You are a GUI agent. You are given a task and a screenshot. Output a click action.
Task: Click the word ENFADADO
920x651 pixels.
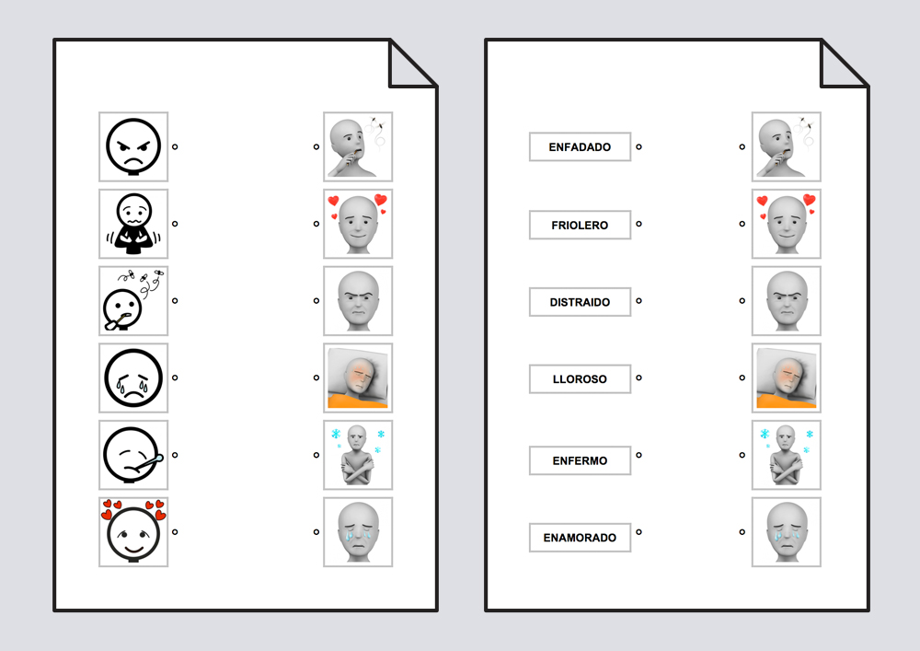tap(580, 147)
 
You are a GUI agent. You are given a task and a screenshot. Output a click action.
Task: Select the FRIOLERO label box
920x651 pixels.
tap(580, 225)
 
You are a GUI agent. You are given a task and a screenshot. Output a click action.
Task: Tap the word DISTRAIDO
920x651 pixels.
tap(580, 302)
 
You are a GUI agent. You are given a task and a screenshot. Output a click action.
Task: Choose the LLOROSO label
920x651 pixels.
tap(580, 378)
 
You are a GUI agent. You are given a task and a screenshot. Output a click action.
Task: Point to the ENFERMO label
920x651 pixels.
tap(580, 460)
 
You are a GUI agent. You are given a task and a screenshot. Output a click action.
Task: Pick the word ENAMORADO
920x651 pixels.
tap(580, 538)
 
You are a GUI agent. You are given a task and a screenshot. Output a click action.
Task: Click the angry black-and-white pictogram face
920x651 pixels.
tap(133, 146)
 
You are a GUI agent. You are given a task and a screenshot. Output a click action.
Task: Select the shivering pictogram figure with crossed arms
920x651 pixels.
tap(133, 224)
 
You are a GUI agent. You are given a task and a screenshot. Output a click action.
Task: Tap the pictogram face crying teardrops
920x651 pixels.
tap(133, 378)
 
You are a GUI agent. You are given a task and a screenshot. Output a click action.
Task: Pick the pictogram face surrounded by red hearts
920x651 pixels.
tap(133, 531)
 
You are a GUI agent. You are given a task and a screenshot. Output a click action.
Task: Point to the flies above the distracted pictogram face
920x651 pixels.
tap(142, 278)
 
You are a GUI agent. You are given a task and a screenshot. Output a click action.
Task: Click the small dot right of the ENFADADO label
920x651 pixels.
tap(639, 146)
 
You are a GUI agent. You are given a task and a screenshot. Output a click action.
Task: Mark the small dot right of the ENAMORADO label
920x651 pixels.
tap(639, 532)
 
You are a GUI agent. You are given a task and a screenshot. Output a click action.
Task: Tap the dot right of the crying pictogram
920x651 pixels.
tap(175, 378)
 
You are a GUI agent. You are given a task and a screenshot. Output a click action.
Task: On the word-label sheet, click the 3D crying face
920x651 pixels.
tap(787, 532)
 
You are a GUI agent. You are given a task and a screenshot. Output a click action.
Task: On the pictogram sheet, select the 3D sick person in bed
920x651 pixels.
tap(358, 378)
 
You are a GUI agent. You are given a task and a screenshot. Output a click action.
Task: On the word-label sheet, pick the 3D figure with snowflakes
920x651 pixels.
tap(787, 455)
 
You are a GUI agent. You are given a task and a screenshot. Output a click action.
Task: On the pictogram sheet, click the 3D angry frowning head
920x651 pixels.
tap(358, 300)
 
